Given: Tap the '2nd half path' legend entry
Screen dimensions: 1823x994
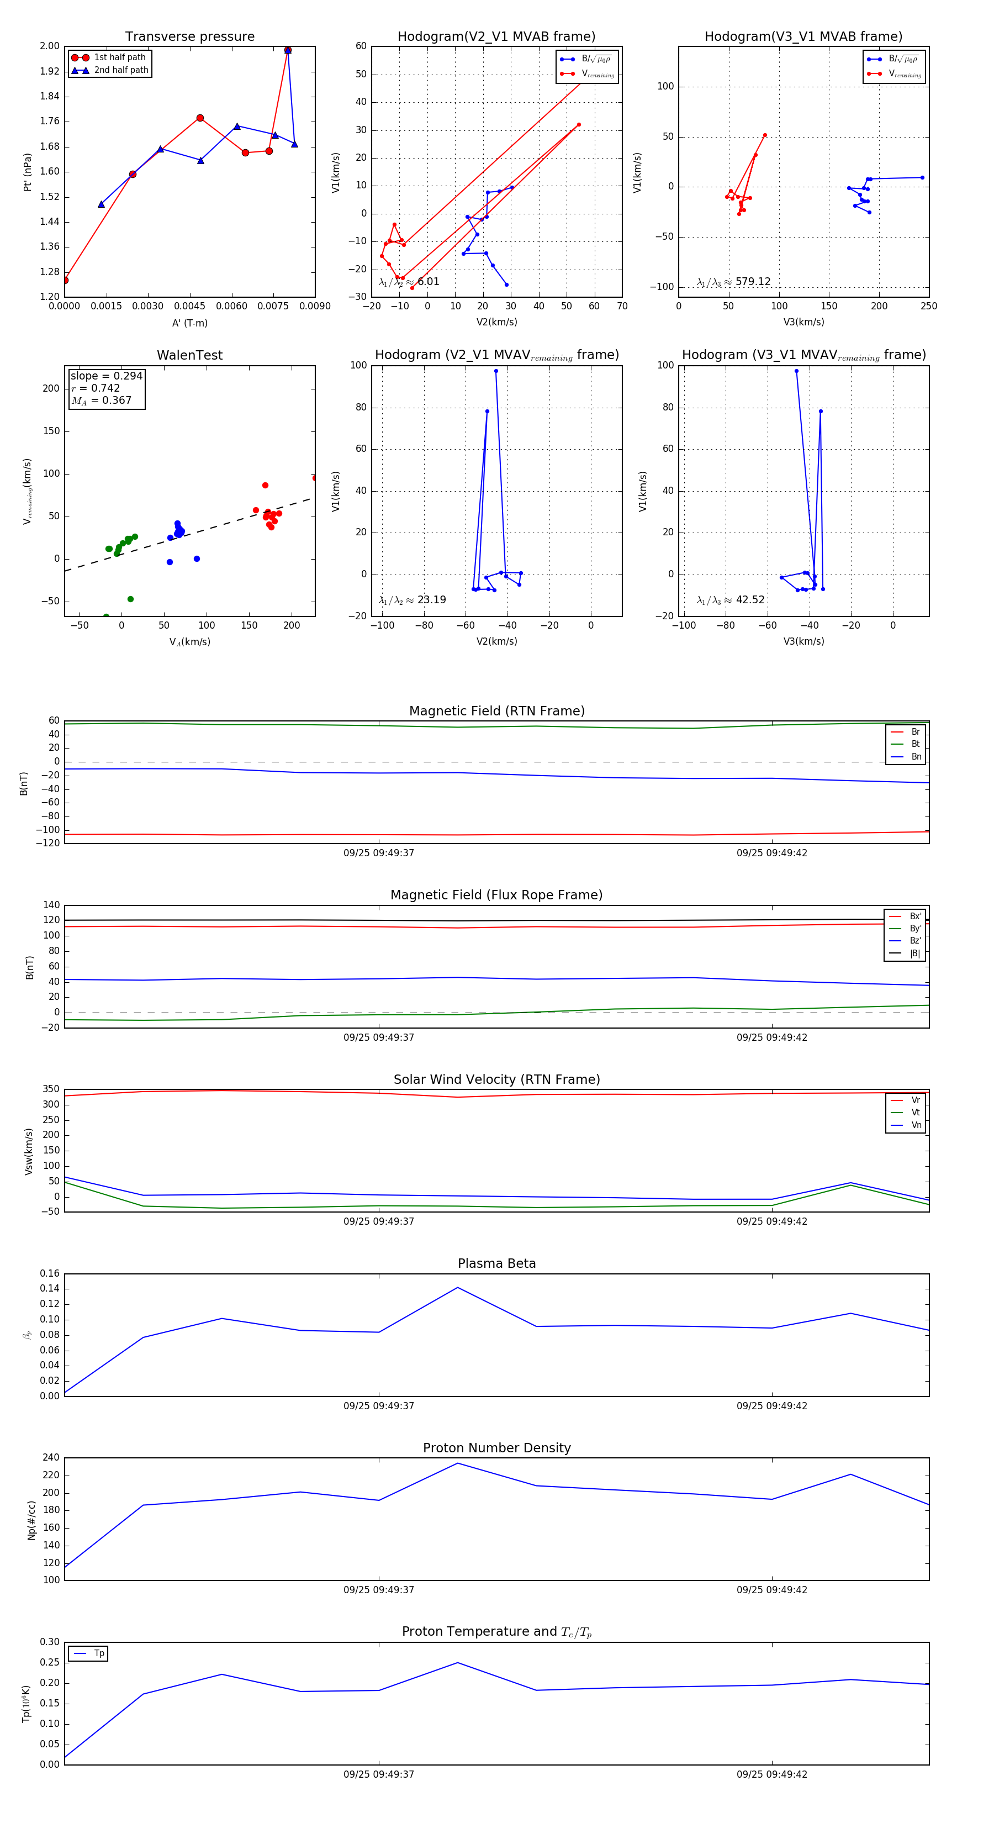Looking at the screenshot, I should pos(121,70).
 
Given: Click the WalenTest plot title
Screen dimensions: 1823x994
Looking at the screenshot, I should pos(189,355).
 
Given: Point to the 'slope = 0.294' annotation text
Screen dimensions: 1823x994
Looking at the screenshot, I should pos(106,376).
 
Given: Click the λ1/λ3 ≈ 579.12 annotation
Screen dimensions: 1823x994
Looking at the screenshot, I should pos(734,282).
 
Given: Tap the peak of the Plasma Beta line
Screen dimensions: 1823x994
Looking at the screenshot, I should pos(458,1287).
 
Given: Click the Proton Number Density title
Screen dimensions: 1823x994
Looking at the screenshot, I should pos(496,1448).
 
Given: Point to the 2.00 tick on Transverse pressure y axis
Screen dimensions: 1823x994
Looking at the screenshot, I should pos(50,46).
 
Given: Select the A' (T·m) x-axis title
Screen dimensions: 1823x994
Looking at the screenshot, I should pos(189,323).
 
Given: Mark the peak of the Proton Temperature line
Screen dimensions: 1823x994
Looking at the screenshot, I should pos(458,1662).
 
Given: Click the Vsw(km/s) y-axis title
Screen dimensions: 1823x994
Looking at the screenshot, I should pos(28,1151).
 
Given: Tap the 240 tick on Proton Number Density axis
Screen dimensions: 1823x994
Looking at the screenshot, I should pos(51,1458).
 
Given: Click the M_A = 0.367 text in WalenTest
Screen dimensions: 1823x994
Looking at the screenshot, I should pos(101,401).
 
